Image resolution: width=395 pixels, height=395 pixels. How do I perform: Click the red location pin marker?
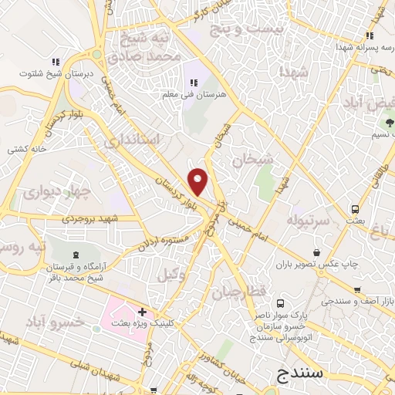198,181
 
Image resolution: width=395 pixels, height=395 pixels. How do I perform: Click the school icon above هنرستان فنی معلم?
193,83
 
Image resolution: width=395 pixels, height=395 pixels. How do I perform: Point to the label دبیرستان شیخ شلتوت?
54,74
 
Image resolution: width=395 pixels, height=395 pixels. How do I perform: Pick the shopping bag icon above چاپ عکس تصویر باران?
317,252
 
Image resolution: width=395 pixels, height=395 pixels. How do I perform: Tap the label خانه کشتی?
27,147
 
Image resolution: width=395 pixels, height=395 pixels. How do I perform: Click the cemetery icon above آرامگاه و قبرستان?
75,255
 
